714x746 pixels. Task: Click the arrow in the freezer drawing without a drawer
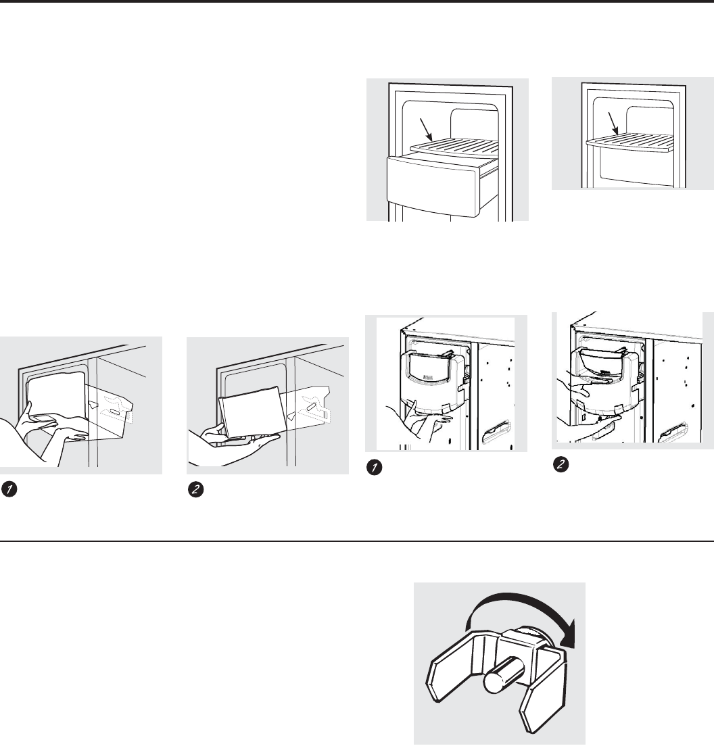(x=615, y=124)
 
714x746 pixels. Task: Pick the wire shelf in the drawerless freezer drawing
(x=632, y=139)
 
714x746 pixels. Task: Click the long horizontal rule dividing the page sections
(x=357, y=541)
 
